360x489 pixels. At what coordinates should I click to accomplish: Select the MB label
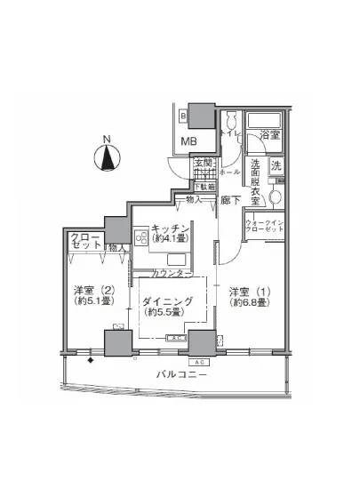189,141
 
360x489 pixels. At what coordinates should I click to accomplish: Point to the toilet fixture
230,124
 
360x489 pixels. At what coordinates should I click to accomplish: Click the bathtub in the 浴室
263,122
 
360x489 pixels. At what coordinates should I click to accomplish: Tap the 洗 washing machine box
276,165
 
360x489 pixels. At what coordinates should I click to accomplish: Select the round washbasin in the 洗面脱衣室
275,196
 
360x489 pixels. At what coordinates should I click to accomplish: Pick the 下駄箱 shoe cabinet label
205,188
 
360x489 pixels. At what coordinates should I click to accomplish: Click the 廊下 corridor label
231,201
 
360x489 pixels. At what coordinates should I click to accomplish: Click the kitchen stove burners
141,237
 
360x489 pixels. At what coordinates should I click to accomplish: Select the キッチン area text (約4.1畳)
170,237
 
